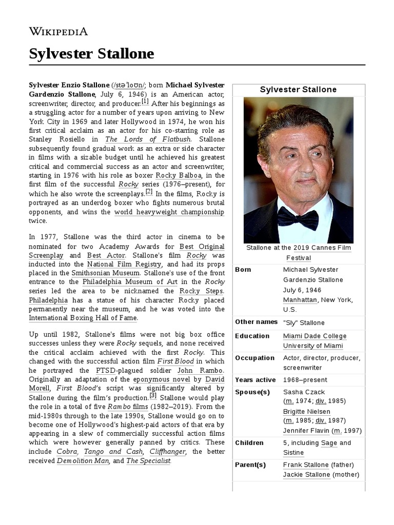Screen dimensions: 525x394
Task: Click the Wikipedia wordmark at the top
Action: [x=58, y=31]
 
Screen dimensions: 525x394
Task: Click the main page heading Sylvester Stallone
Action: [x=91, y=53]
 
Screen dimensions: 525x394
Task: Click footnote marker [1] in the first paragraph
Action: [x=145, y=101]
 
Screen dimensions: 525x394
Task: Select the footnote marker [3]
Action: [x=153, y=396]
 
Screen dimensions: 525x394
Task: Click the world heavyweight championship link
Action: [x=169, y=212]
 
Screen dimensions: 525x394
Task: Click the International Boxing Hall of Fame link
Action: [x=83, y=318]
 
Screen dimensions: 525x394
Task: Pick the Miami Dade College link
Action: [x=314, y=336]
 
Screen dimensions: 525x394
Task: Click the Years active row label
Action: [x=255, y=380]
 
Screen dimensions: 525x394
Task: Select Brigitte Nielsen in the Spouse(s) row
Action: [x=306, y=412]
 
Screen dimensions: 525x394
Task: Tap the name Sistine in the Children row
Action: [x=293, y=453]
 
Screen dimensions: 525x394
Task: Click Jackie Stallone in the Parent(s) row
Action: [x=306, y=475]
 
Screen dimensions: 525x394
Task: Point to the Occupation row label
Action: [x=254, y=358]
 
